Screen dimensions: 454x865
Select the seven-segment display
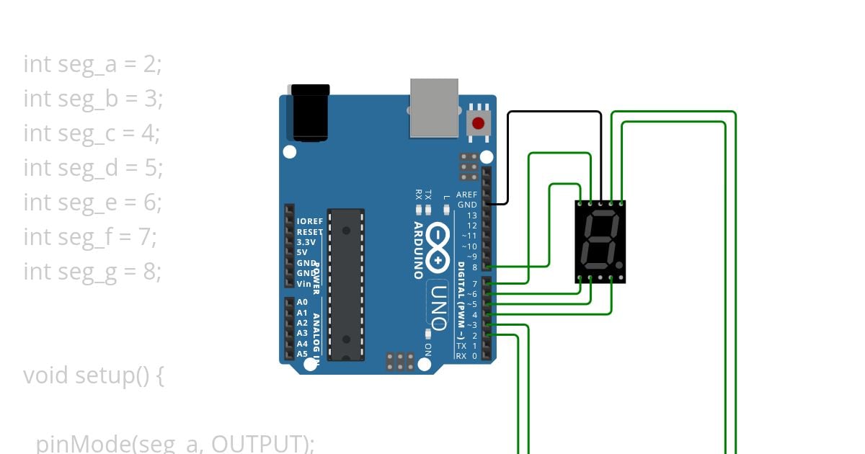600,241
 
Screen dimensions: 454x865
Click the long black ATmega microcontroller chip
346,285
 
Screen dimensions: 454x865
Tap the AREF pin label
466,195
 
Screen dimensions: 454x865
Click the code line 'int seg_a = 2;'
93,64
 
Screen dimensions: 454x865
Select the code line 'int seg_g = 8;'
93,272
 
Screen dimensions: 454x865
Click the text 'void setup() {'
94,375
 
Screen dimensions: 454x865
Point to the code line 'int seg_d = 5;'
93,168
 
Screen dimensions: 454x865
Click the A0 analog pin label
302,303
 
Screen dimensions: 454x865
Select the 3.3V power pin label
306,243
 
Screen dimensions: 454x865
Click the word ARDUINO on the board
419,249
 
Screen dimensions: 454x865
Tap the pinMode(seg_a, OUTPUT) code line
175,443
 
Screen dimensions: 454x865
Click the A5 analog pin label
302,354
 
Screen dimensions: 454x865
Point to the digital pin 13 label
471,215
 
